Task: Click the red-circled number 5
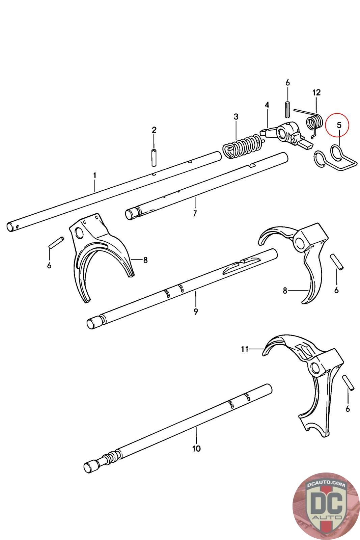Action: [x=339, y=125]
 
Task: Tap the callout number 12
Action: [x=316, y=92]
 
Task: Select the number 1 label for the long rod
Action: [x=94, y=175]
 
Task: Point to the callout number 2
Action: [x=154, y=130]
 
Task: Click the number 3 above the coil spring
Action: [x=236, y=117]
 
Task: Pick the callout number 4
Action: [x=267, y=105]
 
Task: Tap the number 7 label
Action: [x=195, y=213]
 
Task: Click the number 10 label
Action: [x=196, y=449]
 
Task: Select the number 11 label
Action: [x=245, y=349]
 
